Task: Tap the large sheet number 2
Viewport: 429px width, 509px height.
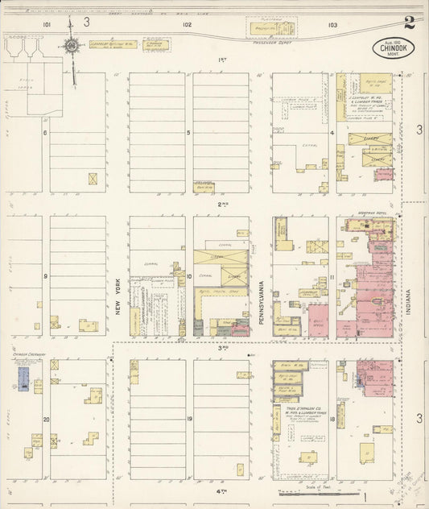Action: [410, 22]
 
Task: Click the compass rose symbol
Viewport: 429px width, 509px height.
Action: [72, 48]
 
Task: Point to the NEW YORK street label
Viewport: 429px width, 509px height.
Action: [118, 299]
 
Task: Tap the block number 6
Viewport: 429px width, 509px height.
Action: [46, 133]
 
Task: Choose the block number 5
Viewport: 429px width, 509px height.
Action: [188, 133]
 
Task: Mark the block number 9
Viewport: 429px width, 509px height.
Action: [46, 276]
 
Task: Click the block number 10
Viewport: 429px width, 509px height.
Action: [188, 276]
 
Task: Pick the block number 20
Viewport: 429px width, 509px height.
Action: [46, 420]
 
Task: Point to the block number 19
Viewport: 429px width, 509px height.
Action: [188, 420]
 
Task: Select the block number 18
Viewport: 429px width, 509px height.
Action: [332, 420]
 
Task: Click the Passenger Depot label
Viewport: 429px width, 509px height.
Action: [270, 39]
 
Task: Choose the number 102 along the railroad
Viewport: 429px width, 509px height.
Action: [187, 25]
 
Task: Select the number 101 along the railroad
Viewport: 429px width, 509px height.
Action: [47, 25]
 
